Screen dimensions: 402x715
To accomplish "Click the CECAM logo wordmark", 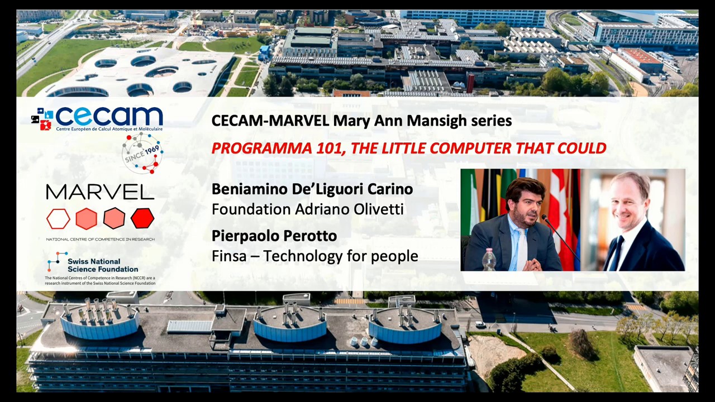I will tap(109, 117).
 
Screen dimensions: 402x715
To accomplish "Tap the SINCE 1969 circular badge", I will tap(142, 152).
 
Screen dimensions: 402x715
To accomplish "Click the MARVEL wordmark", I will tap(100, 192).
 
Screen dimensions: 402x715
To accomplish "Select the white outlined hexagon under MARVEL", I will tap(58, 219).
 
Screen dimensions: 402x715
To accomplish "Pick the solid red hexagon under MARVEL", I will tap(142, 218).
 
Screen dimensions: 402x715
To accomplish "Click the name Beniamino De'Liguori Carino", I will tap(312, 189).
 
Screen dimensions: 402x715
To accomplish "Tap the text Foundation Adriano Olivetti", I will tap(307, 209).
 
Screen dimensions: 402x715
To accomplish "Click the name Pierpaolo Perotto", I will tap(274, 236).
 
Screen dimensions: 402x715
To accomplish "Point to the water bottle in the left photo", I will tap(489, 260).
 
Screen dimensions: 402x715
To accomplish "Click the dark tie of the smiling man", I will tap(617, 254).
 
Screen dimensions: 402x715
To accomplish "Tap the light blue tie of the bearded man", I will tap(521, 248).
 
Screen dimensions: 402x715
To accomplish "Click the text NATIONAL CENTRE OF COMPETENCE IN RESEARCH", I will tap(100, 240).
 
